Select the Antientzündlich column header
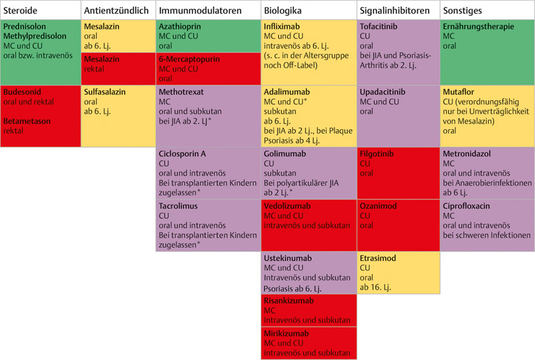(116, 11)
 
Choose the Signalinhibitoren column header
(395, 11)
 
